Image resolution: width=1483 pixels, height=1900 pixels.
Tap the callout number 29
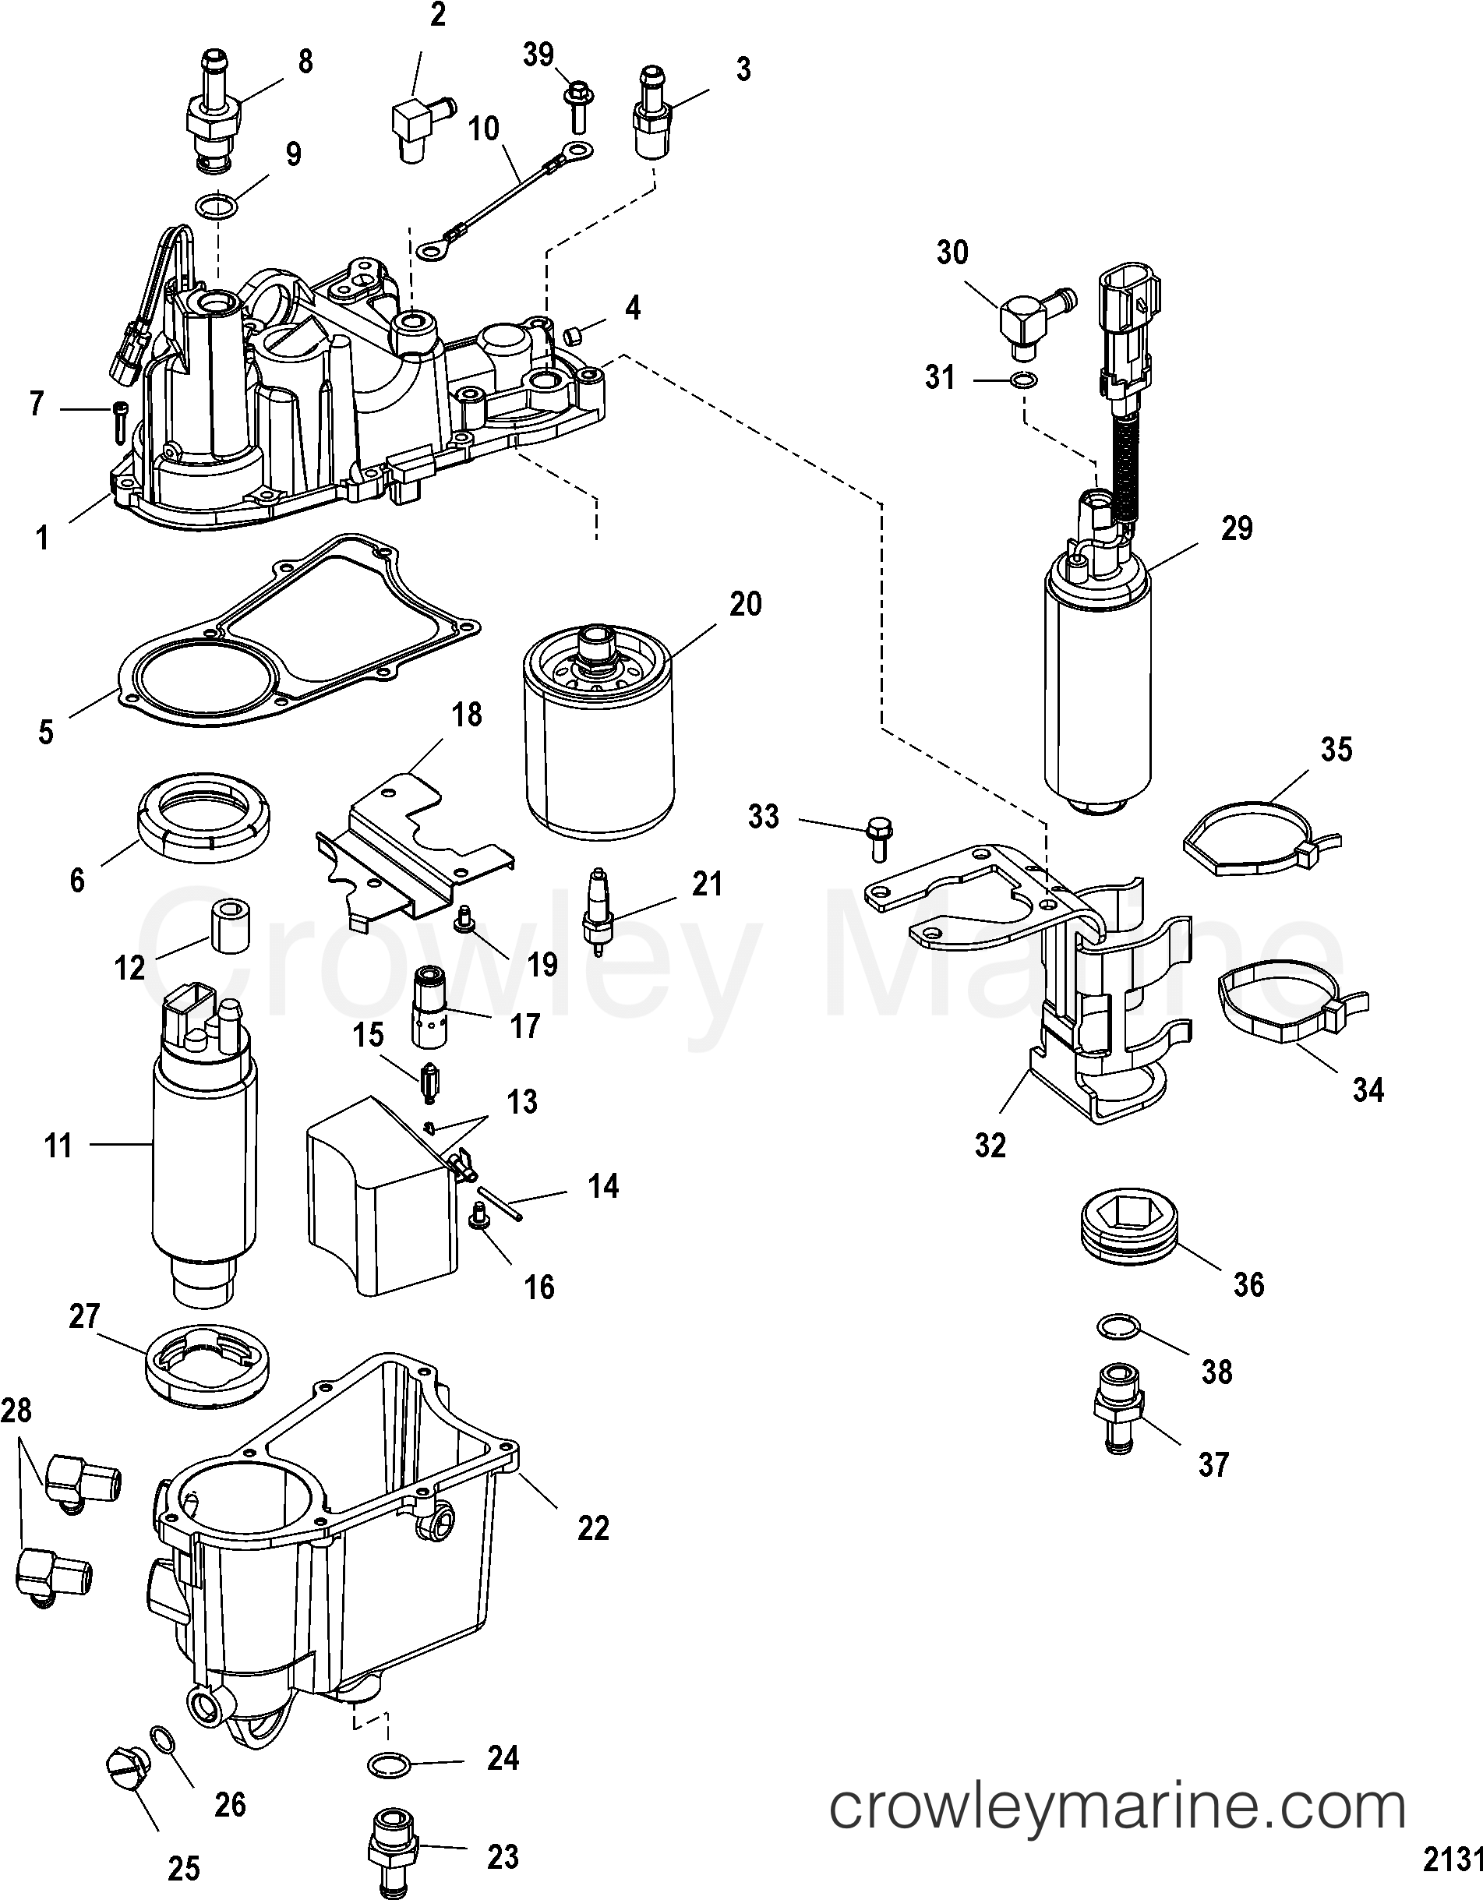pos(1236,528)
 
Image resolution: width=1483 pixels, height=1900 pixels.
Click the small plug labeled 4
pos(572,335)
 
